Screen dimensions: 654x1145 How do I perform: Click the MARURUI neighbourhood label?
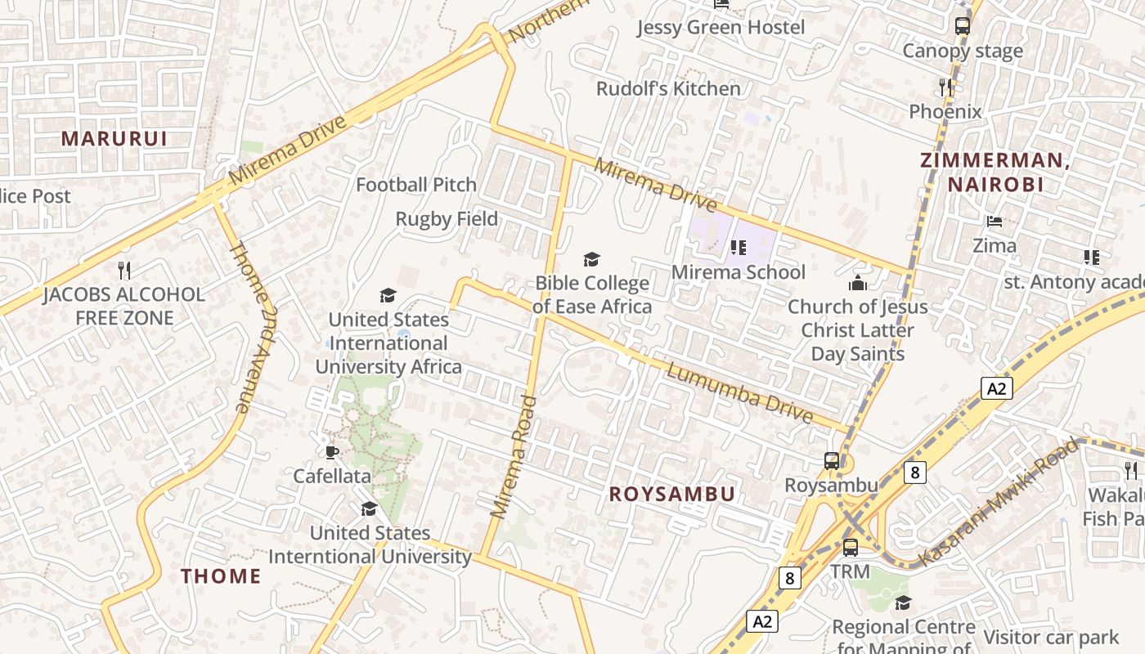[x=114, y=138]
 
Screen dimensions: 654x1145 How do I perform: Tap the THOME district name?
[x=221, y=576]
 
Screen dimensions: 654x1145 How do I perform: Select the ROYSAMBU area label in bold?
[x=672, y=494]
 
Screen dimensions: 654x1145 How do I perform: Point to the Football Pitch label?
[x=416, y=185]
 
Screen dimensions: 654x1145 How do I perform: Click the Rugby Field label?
[x=447, y=219]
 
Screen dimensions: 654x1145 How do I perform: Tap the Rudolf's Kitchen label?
[x=668, y=88]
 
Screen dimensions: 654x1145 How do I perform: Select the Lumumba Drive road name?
[x=741, y=393]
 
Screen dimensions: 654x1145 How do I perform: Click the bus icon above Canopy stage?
[x=963, y=25]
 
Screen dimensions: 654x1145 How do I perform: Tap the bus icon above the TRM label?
[x=851, y=547]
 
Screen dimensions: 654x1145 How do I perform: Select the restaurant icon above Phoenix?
[x=945, y=87]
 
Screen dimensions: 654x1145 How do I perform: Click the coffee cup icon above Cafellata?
[x=331, y=452]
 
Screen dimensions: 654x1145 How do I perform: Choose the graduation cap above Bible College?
[x=591, y=260]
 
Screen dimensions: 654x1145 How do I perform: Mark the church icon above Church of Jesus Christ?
[x=857, y=283]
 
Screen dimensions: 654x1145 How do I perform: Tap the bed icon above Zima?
[x=995, y=222]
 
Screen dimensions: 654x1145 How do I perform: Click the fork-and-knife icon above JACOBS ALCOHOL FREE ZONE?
[x=124, y=270]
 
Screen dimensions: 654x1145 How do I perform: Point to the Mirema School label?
[x=739, y=272]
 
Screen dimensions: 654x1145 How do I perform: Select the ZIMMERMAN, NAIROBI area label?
[x=995, y=172]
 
